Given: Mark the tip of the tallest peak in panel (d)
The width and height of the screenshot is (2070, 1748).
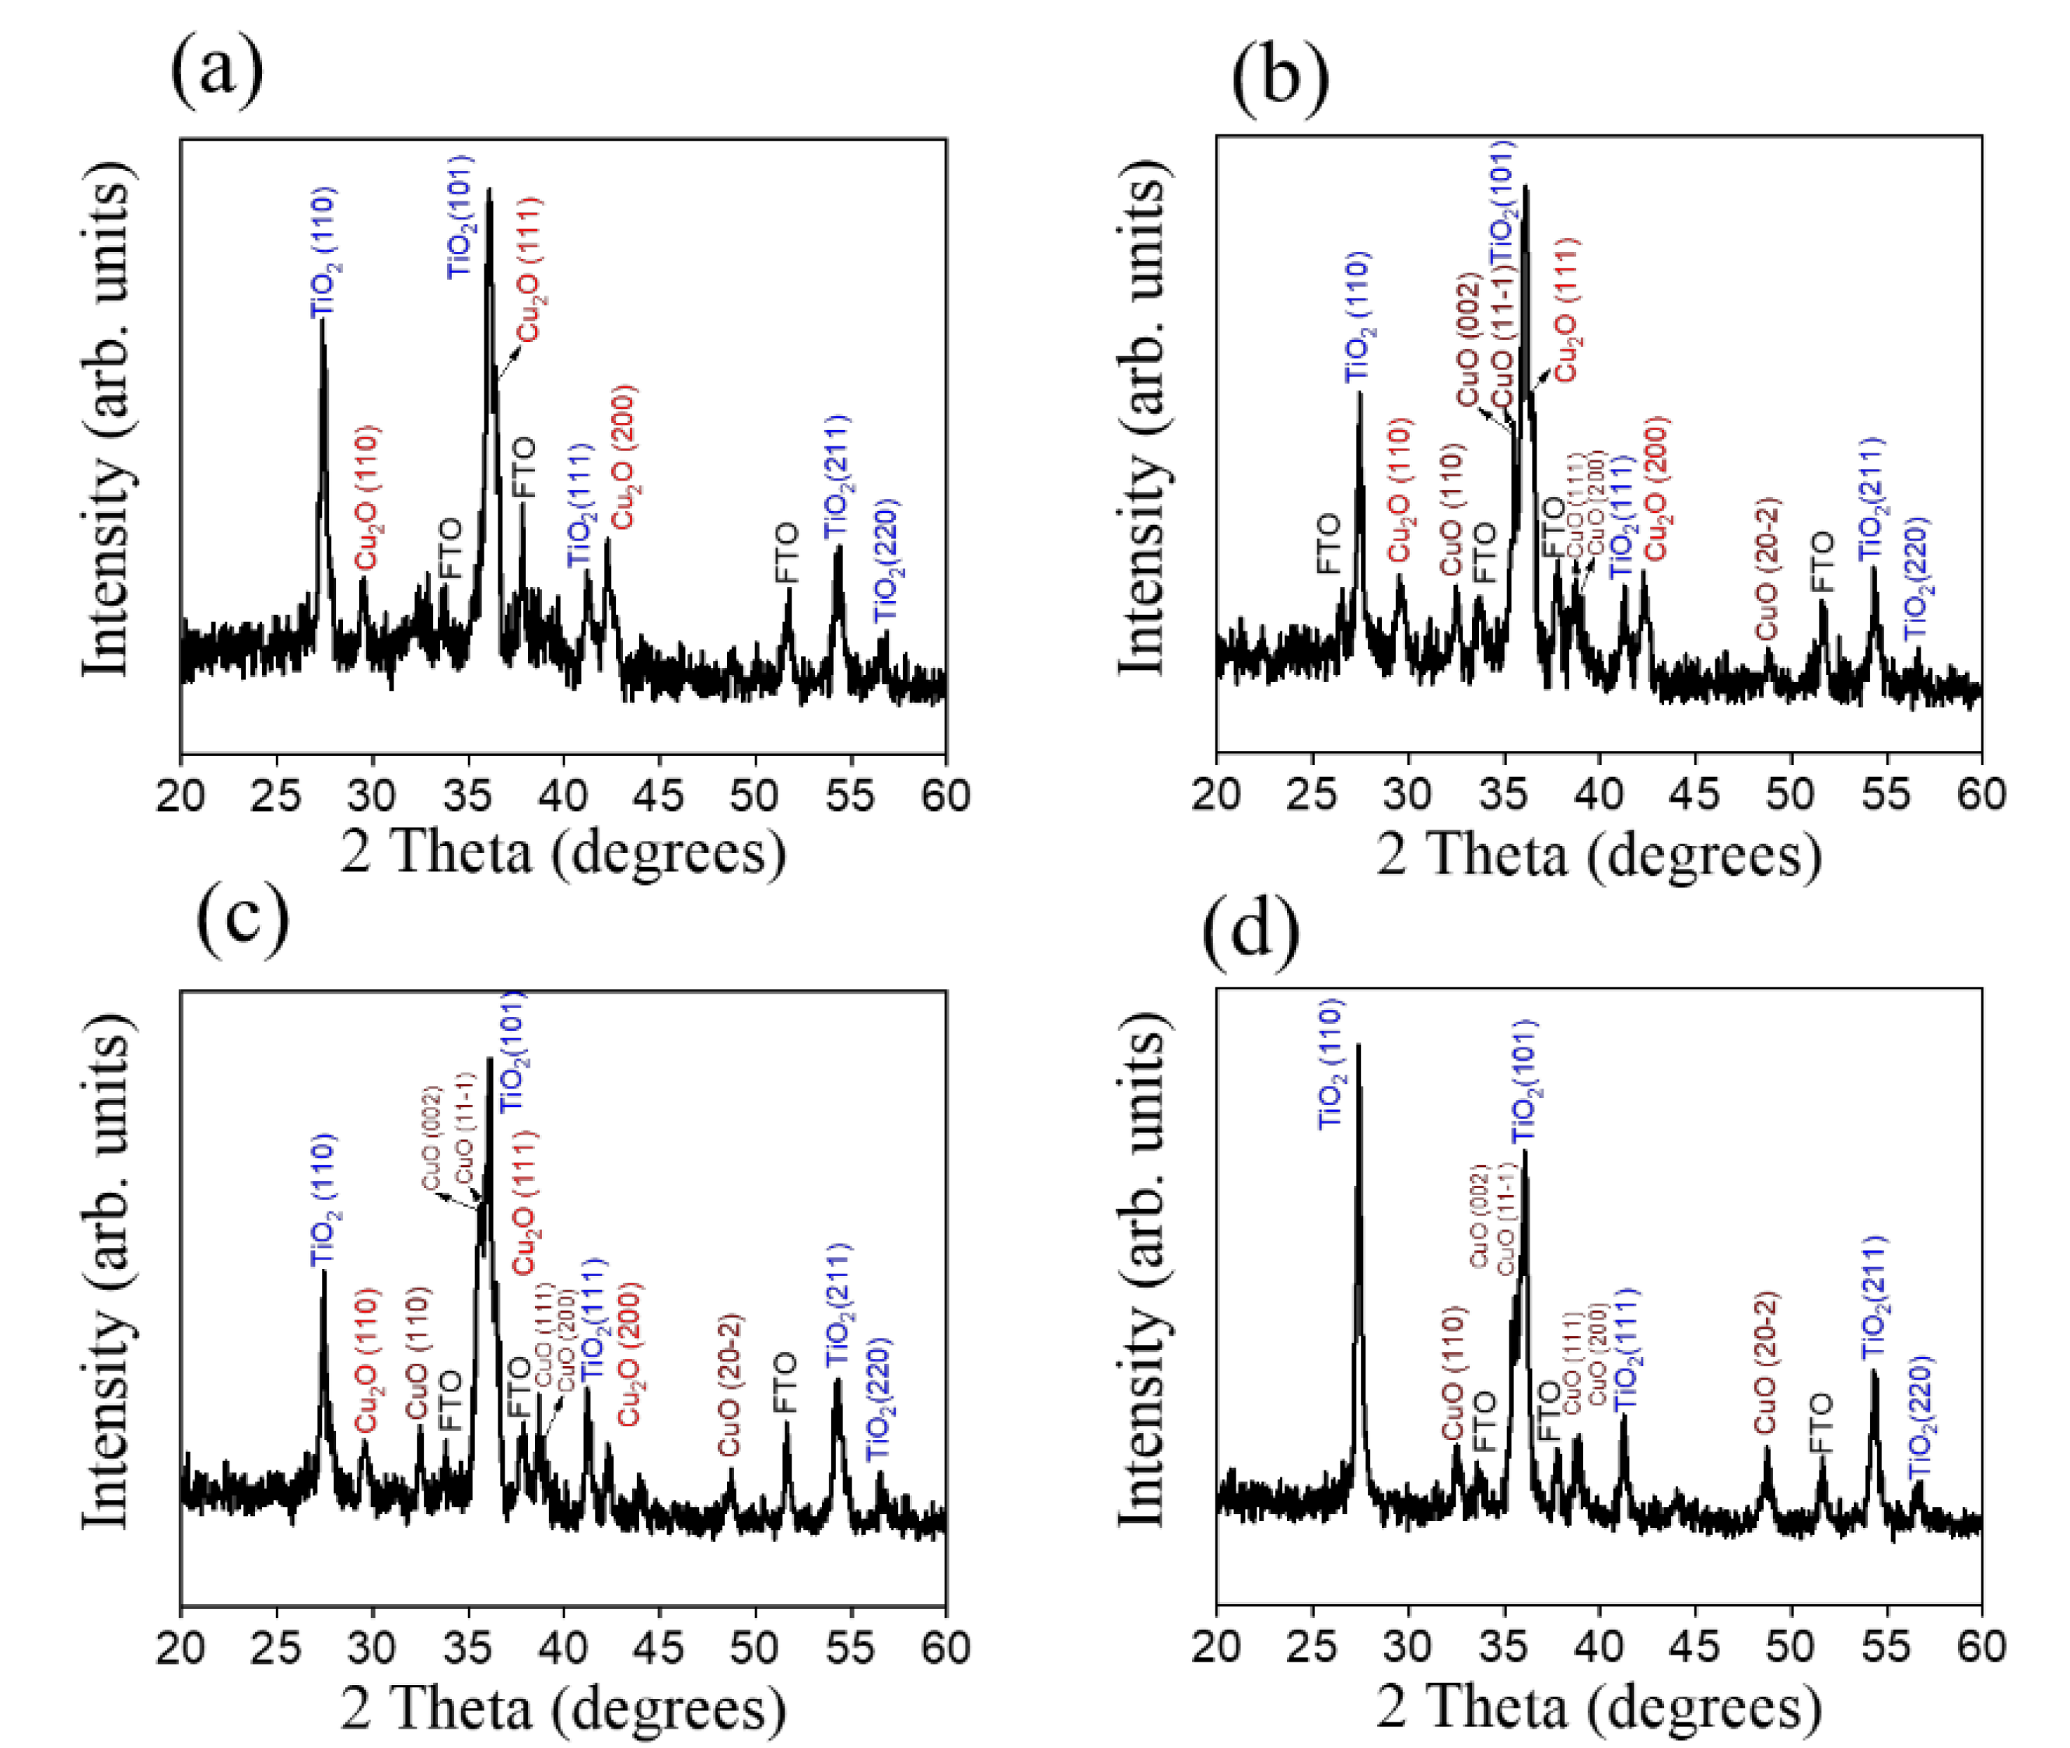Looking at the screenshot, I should coord(1358,1045).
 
